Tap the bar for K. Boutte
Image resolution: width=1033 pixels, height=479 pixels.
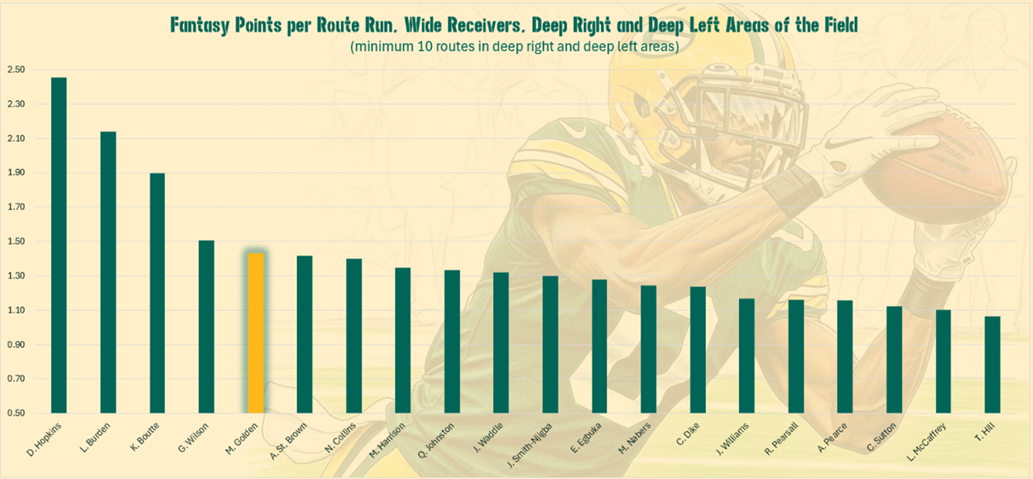click(x=157, y=293)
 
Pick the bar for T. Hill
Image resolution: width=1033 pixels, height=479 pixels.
click(x=992, y=364)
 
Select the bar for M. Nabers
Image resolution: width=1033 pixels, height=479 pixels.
click(x=648, y=348)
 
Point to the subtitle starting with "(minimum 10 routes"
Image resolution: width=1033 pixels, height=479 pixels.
click(x=514, y=46)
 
